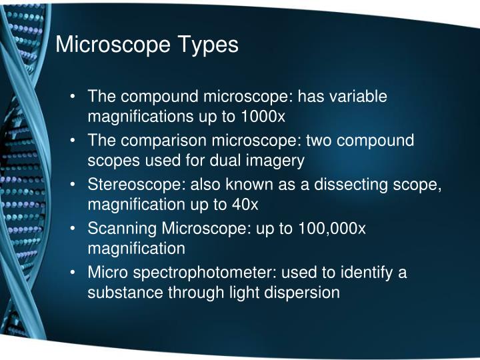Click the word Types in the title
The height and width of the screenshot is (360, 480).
point(207,45)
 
